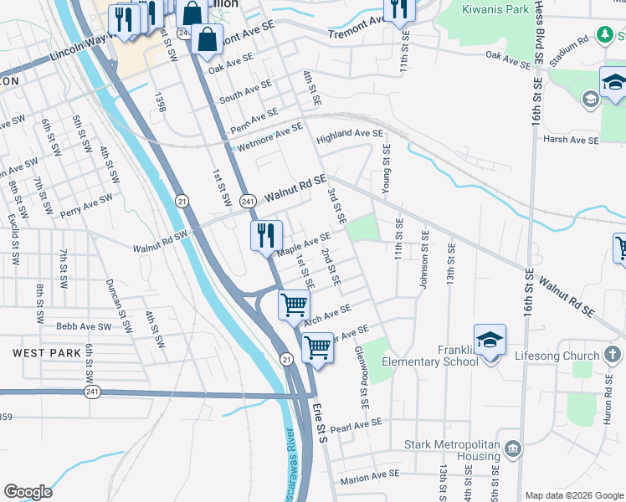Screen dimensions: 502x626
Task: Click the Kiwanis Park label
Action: click(x=495, y=11)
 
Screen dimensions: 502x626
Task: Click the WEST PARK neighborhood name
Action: click(x=47, y=354)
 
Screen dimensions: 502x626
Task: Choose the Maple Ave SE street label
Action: click(x=304, y=245)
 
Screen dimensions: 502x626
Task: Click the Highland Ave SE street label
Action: click(x=350, y=135)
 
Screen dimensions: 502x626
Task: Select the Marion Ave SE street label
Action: click(x=370, y=476)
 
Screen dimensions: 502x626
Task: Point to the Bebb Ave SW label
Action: click(x=83, y=326)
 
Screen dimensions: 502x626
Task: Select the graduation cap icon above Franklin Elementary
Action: click(x=490, y=340)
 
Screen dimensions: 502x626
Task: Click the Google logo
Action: click(x=28, y=492)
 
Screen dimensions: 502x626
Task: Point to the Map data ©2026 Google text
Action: click(x=573, y=495)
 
